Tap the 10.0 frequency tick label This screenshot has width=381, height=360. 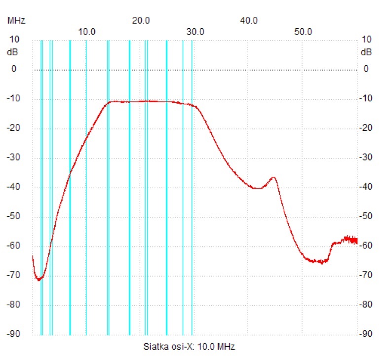[87, 32]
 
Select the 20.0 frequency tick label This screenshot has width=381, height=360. [141, 20]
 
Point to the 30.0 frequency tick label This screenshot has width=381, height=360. [195, 32]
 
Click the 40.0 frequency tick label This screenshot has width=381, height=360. [249, 20]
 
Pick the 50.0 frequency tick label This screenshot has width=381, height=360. [303, 32]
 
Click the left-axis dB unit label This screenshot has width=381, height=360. [12, 52]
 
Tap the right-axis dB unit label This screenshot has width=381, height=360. [366, 52]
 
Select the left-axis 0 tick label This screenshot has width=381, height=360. [14, 69]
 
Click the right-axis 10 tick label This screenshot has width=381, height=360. [366, 40]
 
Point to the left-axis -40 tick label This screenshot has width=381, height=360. [11, 187]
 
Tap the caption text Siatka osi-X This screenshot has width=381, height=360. [168, 346]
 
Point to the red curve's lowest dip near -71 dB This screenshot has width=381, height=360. [38, 280]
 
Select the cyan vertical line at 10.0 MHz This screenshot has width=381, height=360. [86, 198]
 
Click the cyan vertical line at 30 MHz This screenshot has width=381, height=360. [192, 198]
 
